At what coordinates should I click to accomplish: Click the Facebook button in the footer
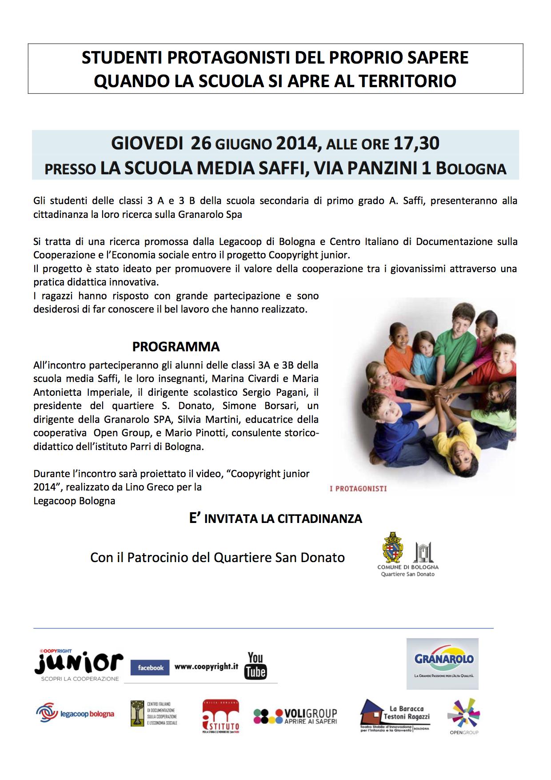click(150, 667)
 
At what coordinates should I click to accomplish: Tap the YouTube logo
click(256, 666)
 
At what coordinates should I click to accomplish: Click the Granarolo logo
click(443, 663)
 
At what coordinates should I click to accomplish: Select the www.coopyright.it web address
click(206, 667)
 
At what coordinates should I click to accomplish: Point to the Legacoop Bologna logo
click(75, 714)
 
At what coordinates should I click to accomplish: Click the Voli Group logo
click(295, 716)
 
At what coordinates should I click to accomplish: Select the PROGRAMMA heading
click(176, 346)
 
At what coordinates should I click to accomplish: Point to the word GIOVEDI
click(147, 143)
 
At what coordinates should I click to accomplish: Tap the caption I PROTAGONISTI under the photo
click(358, 488)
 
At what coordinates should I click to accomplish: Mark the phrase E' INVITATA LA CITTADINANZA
click(275, 519)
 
